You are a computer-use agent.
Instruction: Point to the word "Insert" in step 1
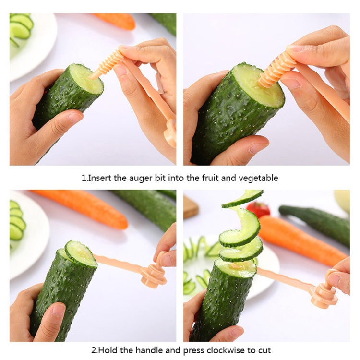click(x=99, y=178)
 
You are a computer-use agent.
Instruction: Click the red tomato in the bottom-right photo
click(x=259, y=209)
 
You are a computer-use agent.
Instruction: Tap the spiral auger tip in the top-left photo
click(x=107, y=63)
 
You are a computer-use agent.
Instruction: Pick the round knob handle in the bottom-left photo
click(x=153, y=276)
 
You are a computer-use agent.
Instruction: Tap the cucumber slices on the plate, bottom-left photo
click(x=17, y=223)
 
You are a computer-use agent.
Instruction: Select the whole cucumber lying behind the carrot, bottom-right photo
click(x=317, y=223)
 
